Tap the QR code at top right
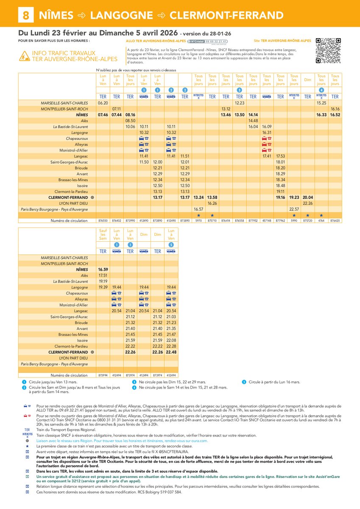(329, 50)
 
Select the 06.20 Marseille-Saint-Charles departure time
(103, 103)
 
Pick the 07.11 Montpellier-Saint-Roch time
(117, 109)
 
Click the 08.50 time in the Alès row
(130, 121)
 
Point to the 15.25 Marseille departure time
(321, 103)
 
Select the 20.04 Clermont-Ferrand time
(307, 198)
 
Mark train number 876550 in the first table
(103, 221)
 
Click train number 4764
(321, 221)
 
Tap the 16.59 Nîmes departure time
(103, 269)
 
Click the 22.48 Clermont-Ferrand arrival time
(171, 352)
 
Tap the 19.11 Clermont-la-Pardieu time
(280, 192)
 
